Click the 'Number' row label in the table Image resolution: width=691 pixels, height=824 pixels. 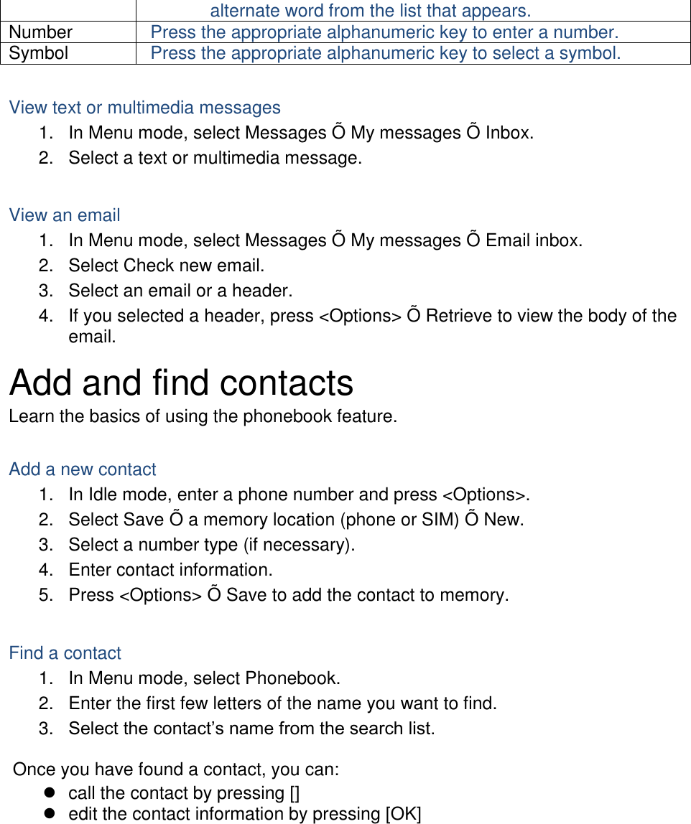(x=41, y=32)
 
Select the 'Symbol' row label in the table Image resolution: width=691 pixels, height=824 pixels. (x=39, y=53)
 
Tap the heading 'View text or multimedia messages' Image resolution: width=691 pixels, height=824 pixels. (x=144, y=108)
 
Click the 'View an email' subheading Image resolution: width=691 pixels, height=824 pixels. (x=65, y=215)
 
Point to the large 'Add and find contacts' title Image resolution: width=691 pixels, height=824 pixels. (x=181, y=383)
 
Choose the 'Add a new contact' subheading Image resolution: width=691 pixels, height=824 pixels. (x=83, y=469)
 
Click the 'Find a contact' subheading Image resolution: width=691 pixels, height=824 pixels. (x=65, y=653)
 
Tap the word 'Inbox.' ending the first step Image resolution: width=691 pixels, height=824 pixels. (x=509, y=133)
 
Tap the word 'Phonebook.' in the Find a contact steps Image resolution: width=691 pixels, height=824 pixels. (x=293, y=678)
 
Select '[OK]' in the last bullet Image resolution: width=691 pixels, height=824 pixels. (x=403, y=814)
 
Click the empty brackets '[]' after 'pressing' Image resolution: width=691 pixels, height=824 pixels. (x=295, y=793)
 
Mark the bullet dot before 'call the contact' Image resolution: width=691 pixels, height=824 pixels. (x=50, y=793)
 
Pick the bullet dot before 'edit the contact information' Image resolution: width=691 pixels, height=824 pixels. (x=50, y=814)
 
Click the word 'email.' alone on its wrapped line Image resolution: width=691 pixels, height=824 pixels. (x=92, y=337)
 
